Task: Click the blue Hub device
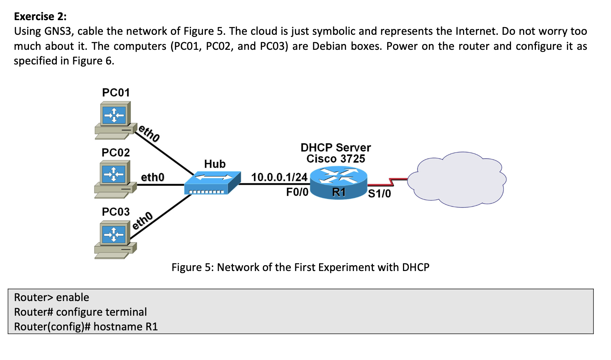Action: [212, 182]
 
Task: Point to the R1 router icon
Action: [338, 183]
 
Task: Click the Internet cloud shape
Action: [457, 179]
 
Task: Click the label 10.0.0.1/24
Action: [279, 177]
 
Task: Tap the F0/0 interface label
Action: [297, 192]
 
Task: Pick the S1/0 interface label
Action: [379, 193]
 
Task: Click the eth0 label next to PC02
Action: [153, 177]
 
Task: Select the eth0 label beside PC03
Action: [142, 220]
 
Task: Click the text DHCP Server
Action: [336, 148]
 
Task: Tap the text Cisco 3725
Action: [336, 159]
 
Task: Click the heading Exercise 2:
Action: [40, 16]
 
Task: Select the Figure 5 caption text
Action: [300, 267]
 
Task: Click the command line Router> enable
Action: [52, 297]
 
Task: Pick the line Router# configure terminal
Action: [80, 312]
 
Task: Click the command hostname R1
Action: [125, 327]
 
